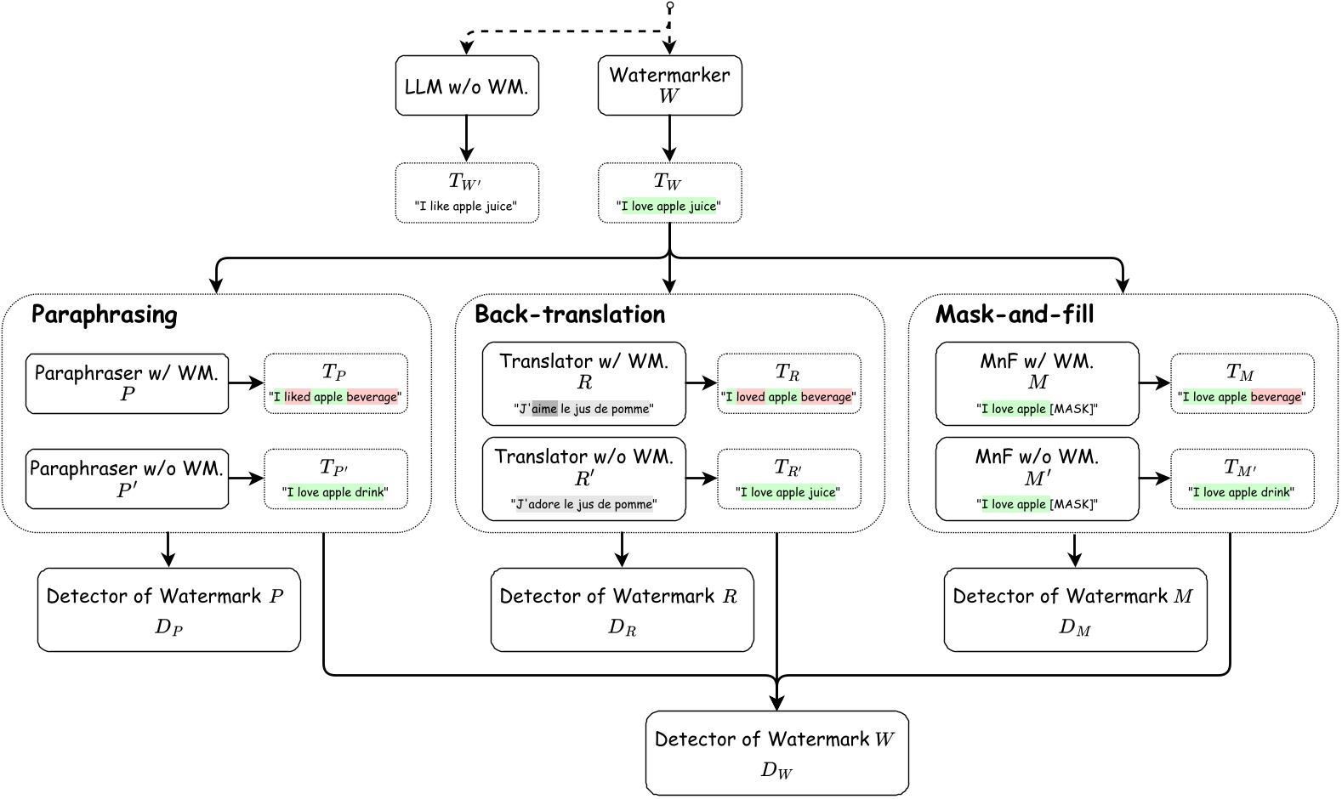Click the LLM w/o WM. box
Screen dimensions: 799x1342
coord(467,86)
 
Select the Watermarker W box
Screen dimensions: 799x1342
coord(669,85)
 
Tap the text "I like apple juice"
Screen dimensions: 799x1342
coord(466,207)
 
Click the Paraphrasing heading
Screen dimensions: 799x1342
coord(104,315)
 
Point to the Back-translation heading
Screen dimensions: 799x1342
coord(570,315)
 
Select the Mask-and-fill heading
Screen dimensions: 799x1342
coord(1015,315)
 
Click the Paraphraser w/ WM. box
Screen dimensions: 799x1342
coord(127,383)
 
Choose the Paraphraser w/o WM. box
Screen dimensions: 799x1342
coord(127,479)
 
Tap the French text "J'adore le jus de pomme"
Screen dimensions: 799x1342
coord(584,504)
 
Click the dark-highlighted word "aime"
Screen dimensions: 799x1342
coord(545,409)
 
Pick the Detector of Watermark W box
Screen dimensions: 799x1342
coord(776,753)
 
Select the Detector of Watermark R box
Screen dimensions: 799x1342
coord(622,609)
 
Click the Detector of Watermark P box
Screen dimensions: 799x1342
coord(168,609)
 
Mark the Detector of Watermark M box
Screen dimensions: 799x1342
coord(1075,609)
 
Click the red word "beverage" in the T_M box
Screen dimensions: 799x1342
coord(1276,397)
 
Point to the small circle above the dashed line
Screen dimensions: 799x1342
coord(670,7)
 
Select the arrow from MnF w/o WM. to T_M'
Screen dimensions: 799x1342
coord(1154,479)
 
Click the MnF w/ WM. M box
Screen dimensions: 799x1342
coord(1037,382)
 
